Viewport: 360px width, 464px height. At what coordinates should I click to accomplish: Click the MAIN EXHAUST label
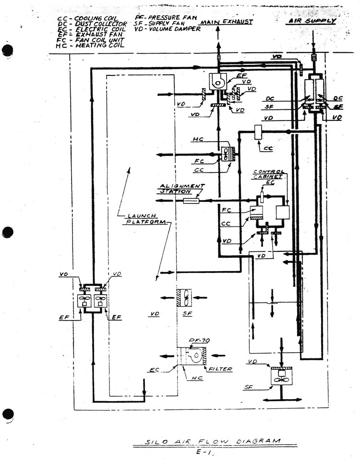pos(226,22)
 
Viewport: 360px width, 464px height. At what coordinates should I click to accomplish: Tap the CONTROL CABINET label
pos(269,174)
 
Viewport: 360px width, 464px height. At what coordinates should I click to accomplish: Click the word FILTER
pos(221,369)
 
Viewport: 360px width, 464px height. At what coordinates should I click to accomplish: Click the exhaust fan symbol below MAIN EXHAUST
pos(219,82)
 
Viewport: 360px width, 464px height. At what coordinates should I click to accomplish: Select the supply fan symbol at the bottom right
pos(282,376)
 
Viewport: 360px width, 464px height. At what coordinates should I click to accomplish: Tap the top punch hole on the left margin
pos(6,51)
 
